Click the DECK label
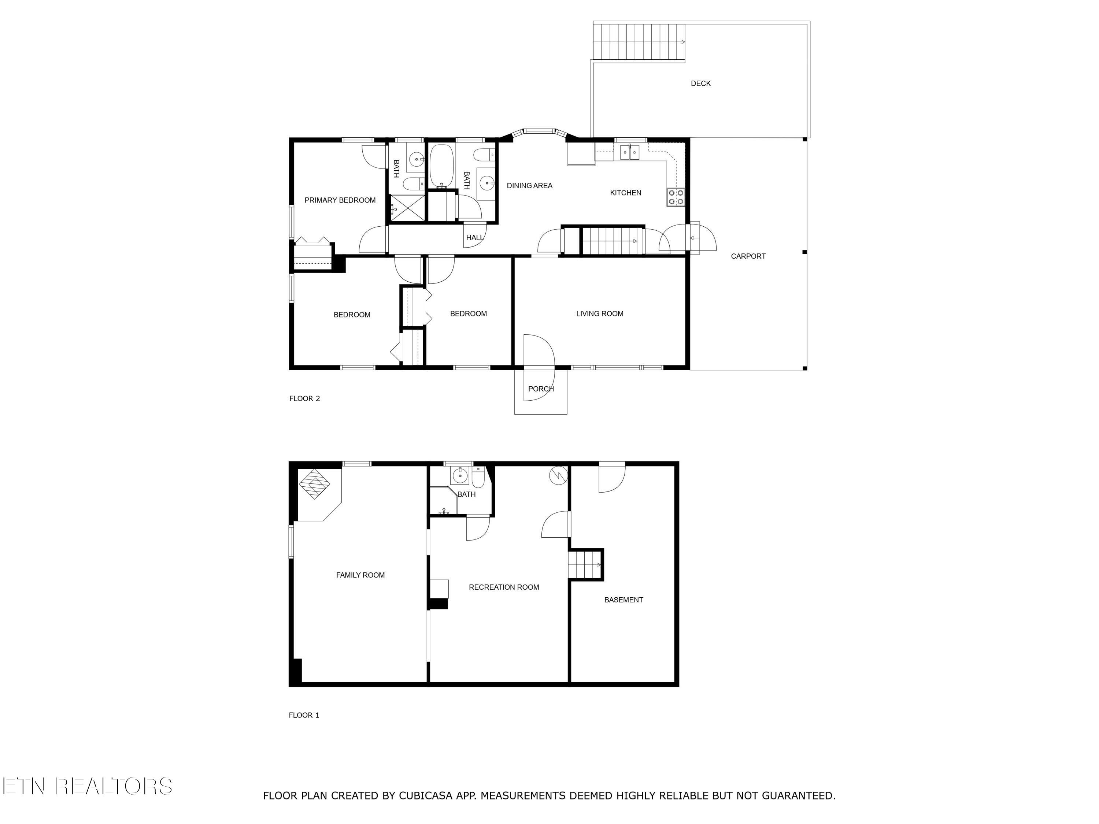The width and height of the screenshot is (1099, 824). [700, 83]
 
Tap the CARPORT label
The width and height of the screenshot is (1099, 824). [748, 256]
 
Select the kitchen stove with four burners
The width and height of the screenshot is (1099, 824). [676, 197]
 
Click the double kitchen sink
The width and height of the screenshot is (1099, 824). [629, 152]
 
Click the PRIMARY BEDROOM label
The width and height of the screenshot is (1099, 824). [340, 200]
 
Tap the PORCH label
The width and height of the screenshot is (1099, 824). [541, 389]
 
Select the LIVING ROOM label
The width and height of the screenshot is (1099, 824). [600, 313]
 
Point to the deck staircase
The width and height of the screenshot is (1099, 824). [639, 42]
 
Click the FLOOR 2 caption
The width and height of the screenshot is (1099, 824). [304, 398]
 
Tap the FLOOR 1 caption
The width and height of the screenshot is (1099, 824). [304, 715]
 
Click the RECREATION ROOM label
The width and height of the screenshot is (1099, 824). [504, 587]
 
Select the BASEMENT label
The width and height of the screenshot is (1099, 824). [623, 600]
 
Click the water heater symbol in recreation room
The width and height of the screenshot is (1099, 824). [558, 475]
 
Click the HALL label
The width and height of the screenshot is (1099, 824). [474, 238]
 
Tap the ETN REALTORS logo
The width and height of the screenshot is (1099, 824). [87, 786]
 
